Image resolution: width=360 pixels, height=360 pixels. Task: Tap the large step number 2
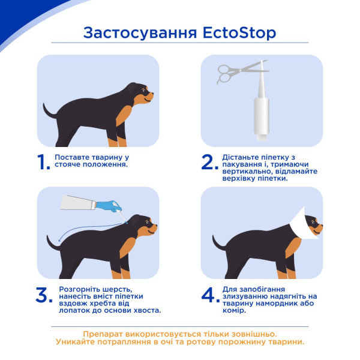pos(208,162)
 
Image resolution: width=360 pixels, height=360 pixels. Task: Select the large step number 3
pos(43,295)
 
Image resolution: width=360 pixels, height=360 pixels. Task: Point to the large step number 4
pos(208,295)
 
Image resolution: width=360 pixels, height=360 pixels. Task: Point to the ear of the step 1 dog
pos(133,91)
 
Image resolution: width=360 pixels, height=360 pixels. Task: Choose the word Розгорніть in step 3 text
pos(76,289)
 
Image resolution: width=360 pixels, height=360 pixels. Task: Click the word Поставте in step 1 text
pos(71,157)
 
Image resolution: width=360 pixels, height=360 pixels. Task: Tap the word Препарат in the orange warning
pos(103,334)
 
